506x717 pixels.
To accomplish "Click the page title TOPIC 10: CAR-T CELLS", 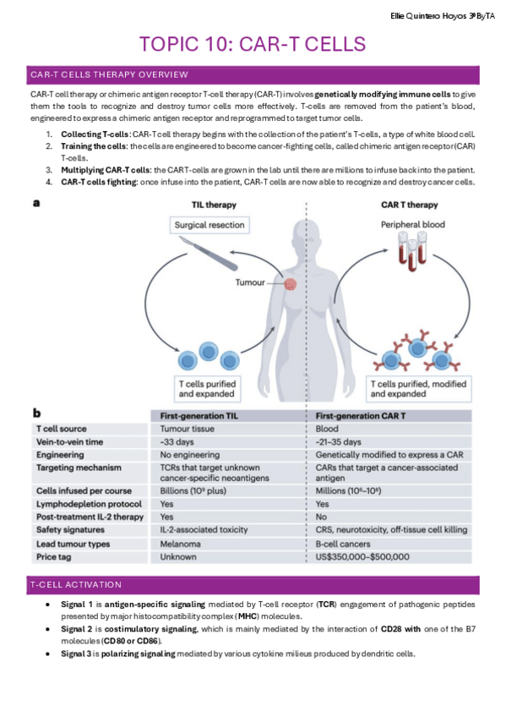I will click(x=253, y=43).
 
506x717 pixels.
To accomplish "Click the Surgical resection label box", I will click(x=209, y=226).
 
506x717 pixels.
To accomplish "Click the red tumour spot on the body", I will click(x=291, y=287).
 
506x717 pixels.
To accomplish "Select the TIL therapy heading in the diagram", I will click(x=212, y=205).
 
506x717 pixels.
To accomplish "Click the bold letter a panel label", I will click(x=35, y=203).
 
